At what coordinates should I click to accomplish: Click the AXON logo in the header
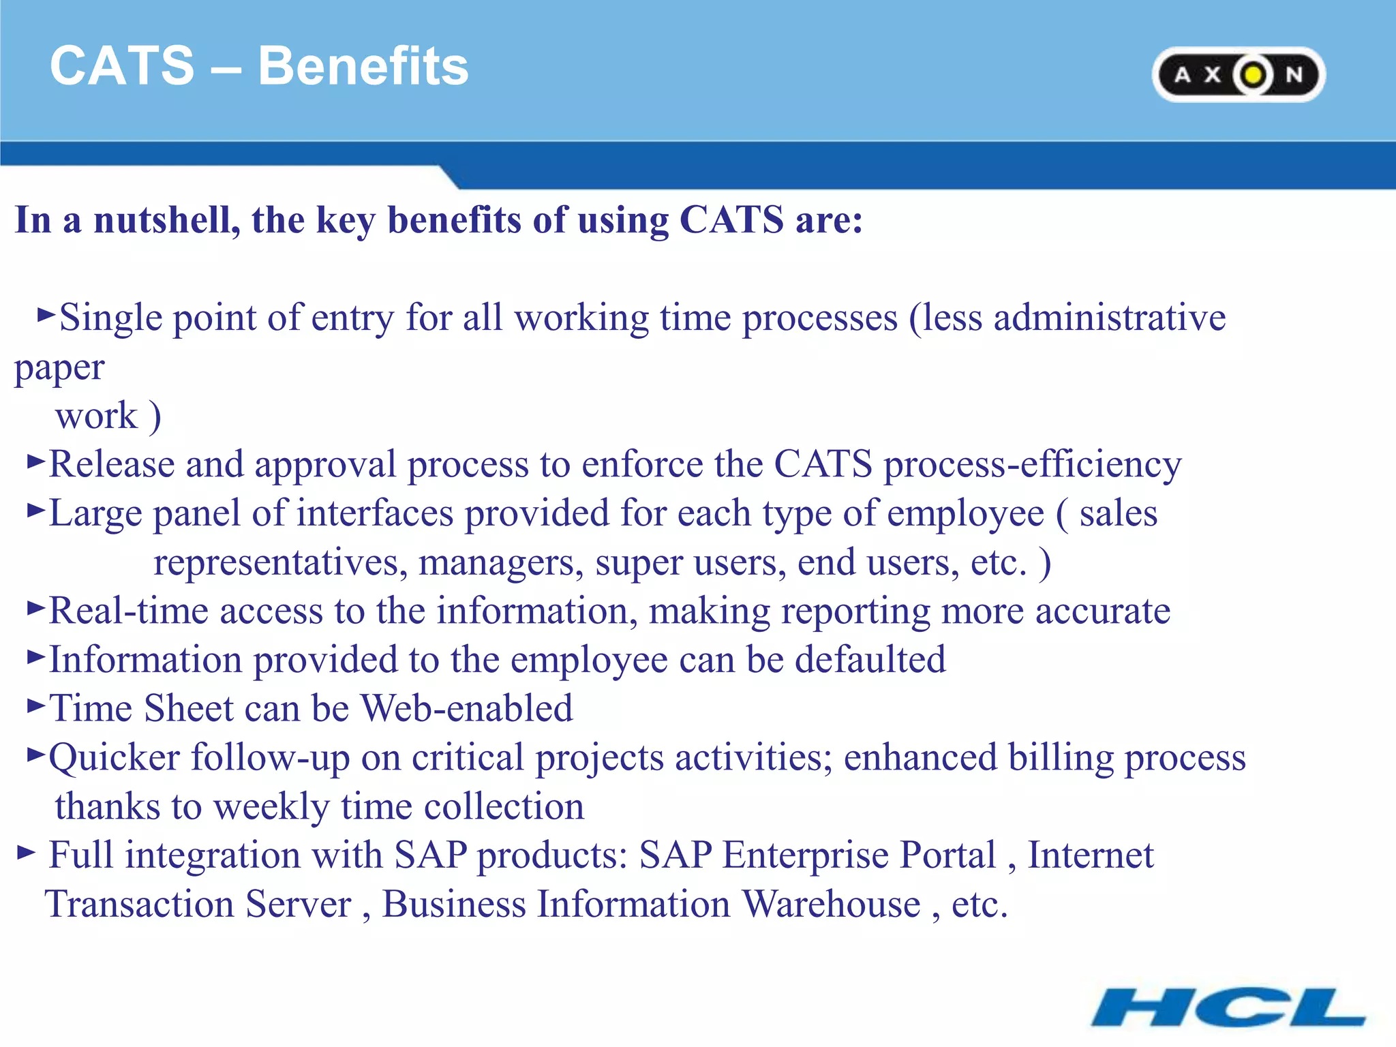(1238, 74)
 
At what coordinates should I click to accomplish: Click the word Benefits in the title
(363, 66)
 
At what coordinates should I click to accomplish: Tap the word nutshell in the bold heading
(166, 220)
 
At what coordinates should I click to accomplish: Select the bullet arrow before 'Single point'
(46, 314)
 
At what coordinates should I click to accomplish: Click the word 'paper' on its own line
(59, 369)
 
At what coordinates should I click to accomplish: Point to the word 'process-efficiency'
(1032, 465)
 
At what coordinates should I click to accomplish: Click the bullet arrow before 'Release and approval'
(35, 461)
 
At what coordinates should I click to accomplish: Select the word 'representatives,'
(280, 563)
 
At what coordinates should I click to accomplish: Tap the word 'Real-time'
(128, 611)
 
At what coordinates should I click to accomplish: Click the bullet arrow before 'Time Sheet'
(35, 705)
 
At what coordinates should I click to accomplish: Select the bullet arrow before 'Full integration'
(26, 852)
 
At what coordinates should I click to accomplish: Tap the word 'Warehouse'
(831, 905)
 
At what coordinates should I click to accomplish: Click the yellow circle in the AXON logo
(1253, 75)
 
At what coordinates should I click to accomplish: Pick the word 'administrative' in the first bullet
(1109, 318)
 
